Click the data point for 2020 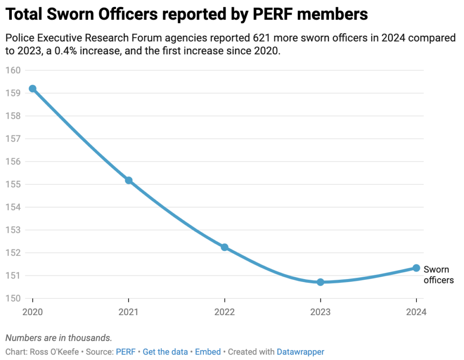tap(33, 89)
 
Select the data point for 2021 tap(129, 180)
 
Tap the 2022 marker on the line tap(224, 247)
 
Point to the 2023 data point tap(320, 282)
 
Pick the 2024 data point tap(416, 268)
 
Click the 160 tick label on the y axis tap(14, 70)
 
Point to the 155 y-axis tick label tap(14, 184)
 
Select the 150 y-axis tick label tap(14, 298)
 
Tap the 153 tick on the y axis tap(14, 230)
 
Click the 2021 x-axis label tap(129, 312)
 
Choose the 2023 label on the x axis tap(320, 312)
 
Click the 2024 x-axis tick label tap(416, 312)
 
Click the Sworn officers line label tap(438, 275)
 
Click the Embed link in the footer tap(208, 352)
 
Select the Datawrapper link tap(300, 352)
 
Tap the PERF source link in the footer tap(126, 352)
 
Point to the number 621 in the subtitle tap(278, 38)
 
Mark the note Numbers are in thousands tap(58, 338)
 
